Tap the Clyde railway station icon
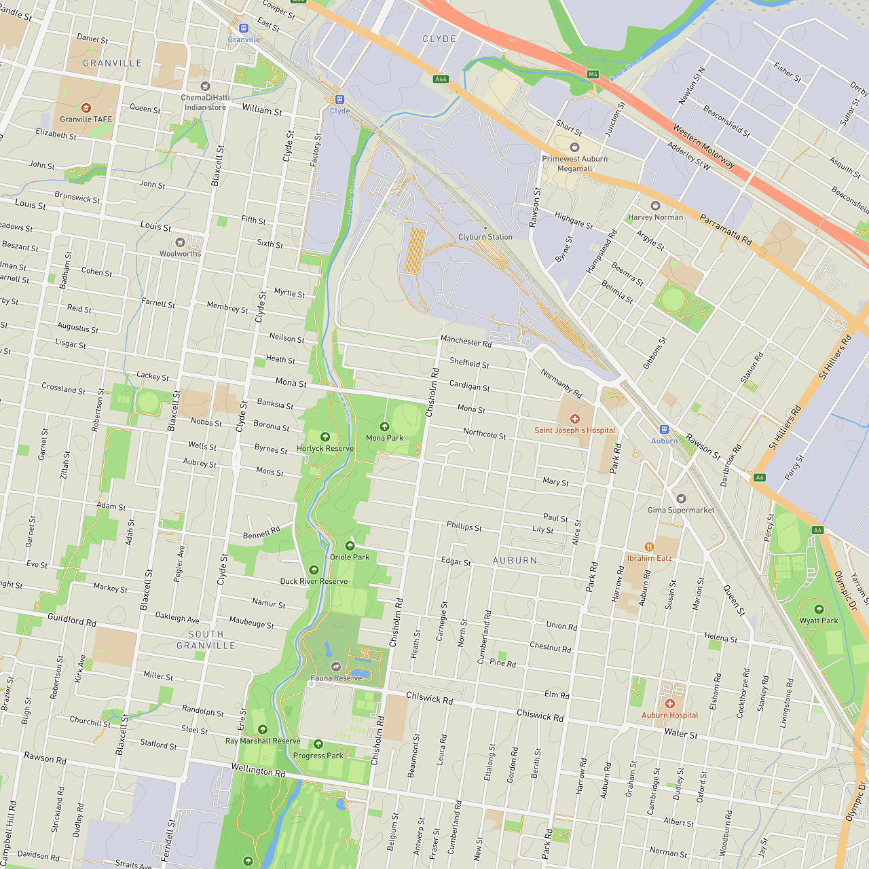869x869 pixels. pyautogui.click(x=339, y=100)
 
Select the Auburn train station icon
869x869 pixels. pyautogui.click(x=664, y=430)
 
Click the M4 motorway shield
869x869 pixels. pyautogui.click(x=593, y=74)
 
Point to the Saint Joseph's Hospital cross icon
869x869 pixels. pyautogui.click(x=575, y=419)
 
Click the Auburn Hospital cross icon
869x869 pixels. pyautogui.click(x=670, y=704)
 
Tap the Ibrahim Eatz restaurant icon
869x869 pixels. pyautogui.click(x=649, y=547)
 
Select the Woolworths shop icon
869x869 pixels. pyautogui.click(x=180, y=242)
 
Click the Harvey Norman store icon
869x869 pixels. pyautogui.click(x=655, y=206)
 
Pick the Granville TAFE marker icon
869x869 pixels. pyautogui.click(x=86, y=108)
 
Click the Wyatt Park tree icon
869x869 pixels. pyautogui.click(x=819, y=609)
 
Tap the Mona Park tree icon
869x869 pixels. pyautogui.click(x=384, y=426)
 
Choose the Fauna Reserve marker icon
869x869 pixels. pyautogui.click(x=335, y=667)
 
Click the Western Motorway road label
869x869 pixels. pyautogui.click(x=703, y=147)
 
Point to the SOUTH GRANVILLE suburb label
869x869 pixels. pyautogui.click(x=206, y=640)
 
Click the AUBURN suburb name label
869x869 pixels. pyautogui.click(x=515, y=560)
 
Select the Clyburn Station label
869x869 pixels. pyautogui.click(x=485, y=237)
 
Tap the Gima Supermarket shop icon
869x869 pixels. pyautogui.click(x=681, y=499)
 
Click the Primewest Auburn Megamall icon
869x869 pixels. pyautogui.click(x=575, y=147)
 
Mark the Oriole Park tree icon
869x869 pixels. pyautogui.click(x=350, y=546)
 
